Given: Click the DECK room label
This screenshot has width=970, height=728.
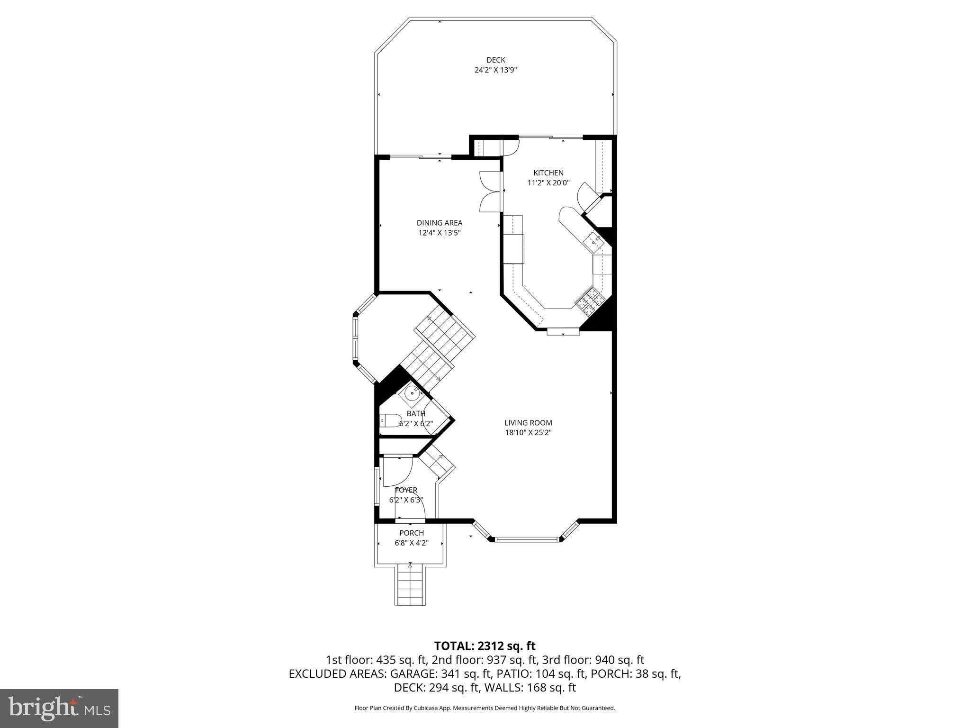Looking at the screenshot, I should (x=495, y=60).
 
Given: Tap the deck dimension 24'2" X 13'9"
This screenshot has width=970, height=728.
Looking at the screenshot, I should (x=495, y=70).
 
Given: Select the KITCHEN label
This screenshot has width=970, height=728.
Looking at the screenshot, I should (x=548, y=173).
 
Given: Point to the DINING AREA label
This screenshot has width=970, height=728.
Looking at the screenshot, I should (x=439, y=223).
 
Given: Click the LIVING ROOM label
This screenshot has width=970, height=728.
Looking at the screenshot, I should (x=528, y=423).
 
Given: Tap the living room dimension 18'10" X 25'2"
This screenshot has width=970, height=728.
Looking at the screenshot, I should (x=528, y=433).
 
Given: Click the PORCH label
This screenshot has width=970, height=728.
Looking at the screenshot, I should (x=411, y=533).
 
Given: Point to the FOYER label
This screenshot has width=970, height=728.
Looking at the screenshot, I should (x=406, y=490).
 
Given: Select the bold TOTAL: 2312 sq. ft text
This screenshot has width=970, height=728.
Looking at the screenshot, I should (x=485, y=646).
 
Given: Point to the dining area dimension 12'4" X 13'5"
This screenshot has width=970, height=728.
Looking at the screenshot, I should (x=439, y=233).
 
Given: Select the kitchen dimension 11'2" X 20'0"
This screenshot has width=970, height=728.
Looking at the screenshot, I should (x=548, y=183).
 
